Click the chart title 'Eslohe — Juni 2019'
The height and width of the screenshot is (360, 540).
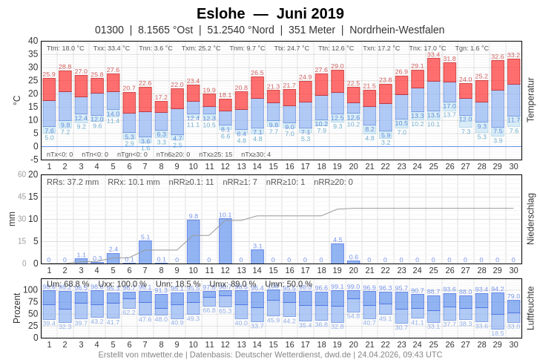270,13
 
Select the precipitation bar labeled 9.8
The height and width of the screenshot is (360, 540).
194,242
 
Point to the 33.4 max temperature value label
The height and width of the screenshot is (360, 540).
434,54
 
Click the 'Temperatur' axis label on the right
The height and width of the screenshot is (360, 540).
530,99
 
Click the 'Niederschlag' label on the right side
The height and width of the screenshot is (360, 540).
530,219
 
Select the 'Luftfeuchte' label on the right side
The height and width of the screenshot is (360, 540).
530,307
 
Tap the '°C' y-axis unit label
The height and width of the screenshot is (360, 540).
17,99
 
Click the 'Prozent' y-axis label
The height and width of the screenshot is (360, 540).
17,307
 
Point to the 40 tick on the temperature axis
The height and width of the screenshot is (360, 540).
33,41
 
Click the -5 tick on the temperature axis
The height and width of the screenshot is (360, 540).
33,160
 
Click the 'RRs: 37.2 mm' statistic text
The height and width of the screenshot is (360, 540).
73,181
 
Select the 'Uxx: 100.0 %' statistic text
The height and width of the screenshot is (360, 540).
122,284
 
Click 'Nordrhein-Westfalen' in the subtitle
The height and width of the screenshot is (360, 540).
397,30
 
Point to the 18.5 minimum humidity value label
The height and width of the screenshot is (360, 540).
498,333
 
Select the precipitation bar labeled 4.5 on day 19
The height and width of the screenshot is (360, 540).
337,254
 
